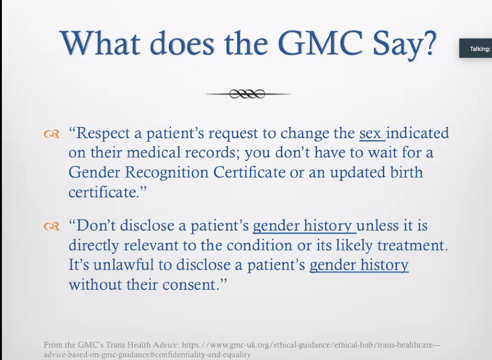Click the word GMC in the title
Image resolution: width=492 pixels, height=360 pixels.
[320, 43]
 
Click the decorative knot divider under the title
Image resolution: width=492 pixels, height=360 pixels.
[247, 94]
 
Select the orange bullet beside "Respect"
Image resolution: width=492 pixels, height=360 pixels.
[51, 134]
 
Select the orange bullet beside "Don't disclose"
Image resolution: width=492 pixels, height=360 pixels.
[51, 226]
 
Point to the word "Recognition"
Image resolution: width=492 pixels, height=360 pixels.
[166, 172]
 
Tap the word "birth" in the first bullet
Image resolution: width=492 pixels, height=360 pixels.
[407, 172]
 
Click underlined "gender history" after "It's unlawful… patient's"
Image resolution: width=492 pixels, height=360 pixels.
[359, 265]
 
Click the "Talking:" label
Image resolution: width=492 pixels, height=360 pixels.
[480, 49]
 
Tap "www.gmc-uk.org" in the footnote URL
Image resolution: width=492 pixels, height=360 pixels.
[239, 345]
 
